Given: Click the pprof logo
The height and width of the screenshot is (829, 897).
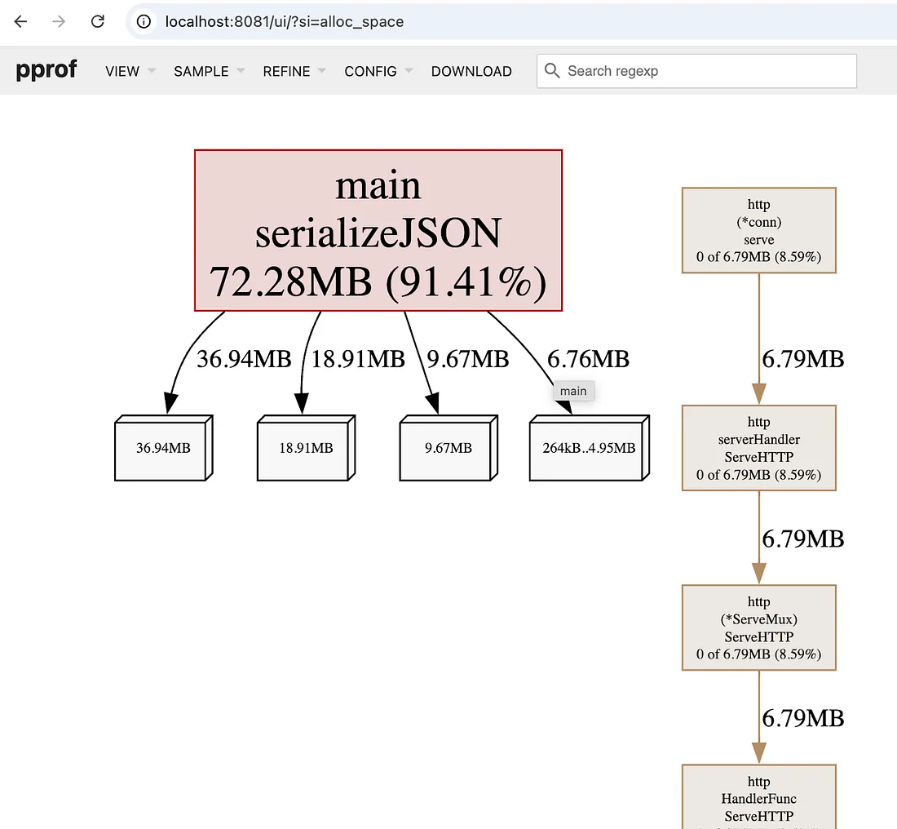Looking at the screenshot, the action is coord(46,70).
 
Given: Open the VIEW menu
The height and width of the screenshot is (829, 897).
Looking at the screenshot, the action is coord(130,71).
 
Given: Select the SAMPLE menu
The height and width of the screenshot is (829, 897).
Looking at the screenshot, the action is coord(209,71).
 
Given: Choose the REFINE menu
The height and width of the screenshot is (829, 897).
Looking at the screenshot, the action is coord(294,71).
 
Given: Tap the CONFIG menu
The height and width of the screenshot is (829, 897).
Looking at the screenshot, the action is coord(378,71).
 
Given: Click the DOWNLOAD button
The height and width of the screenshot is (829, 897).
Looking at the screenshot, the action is coord(471,71).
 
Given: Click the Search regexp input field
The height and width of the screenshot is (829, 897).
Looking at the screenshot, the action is coord(696,71).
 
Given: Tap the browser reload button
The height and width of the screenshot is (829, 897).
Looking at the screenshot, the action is coord(98,21).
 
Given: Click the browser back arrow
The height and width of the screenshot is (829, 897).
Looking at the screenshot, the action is coord(20,21).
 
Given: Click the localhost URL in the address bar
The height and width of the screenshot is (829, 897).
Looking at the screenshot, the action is coord(285,22).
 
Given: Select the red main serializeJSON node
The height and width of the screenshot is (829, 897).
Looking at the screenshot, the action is coord(378,230).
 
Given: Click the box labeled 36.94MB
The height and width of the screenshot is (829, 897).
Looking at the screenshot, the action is coord(164,448).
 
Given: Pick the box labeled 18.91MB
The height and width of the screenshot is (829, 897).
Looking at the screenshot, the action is coord(306,448).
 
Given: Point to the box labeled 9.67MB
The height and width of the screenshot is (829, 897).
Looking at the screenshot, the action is coord(448,448).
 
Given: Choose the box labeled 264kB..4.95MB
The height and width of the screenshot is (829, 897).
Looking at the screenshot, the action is coord(590,448).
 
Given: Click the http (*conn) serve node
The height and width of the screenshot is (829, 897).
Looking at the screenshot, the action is coord(759,230).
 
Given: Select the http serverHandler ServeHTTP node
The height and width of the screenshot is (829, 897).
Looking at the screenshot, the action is coord(759,448).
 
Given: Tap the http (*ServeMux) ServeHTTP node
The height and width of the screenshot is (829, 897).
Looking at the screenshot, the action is coord(759,627).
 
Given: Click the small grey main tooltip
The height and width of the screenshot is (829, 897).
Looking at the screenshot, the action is coord(574,391).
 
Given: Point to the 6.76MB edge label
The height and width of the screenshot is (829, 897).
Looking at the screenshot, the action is coord(588,360).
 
